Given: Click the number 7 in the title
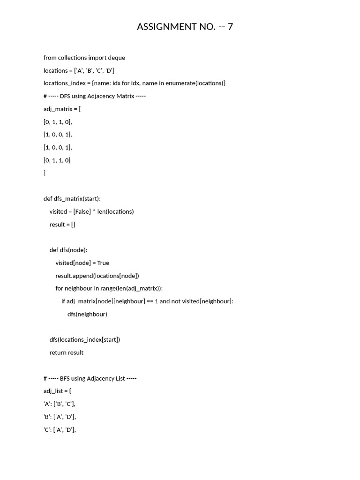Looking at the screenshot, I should (x=230, y=27).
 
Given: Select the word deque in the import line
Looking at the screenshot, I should (x=117, y=58).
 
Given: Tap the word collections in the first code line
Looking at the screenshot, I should (x=72, y=58).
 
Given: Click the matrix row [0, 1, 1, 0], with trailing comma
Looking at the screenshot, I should (x=58, y=122).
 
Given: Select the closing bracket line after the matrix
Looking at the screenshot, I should (x=45, y=173).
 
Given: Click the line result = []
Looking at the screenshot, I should (x=62, y=225).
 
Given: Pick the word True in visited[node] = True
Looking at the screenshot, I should (x=103, y=263).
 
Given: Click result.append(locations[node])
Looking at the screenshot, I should (x=97, y=276).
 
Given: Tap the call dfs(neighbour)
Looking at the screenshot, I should (x=87, y=314).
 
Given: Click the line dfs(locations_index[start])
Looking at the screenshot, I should (x=84, y=339).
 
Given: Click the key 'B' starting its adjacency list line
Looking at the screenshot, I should (x=47, y=417).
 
